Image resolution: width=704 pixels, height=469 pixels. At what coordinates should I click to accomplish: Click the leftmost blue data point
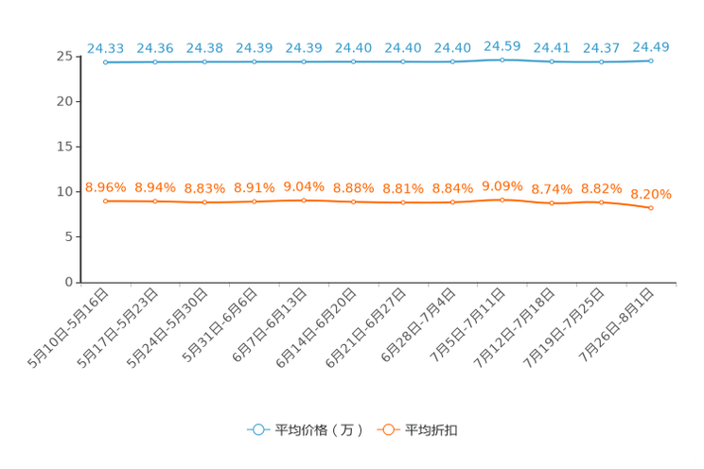coord(106,62)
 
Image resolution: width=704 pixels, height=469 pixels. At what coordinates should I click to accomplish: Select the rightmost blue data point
coord(651,61)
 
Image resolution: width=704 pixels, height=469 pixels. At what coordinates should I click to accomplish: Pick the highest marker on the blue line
coord(502,60)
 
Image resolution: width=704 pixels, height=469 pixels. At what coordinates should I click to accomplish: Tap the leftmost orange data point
coord(106,201)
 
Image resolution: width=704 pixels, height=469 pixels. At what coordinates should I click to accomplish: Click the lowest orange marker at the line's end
coord(651,208)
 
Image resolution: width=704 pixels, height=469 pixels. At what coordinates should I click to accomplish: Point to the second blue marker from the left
coord(155,62)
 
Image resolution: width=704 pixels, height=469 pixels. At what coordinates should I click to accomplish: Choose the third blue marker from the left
coord(205,62)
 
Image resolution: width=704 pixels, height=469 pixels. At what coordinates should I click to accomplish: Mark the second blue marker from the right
coord(602,62)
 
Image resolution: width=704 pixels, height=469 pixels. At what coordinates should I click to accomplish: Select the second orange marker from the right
coord(602,202)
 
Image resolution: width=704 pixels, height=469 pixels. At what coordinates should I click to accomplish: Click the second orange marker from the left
coord(155,201)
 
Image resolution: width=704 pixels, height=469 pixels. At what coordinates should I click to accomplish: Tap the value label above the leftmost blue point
coord(105,47)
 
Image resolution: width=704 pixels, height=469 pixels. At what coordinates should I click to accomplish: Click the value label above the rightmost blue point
coord(651,46)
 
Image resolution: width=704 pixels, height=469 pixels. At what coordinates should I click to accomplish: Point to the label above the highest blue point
coord(502,44)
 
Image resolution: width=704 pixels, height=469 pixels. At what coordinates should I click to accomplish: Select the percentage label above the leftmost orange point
coord(105,187)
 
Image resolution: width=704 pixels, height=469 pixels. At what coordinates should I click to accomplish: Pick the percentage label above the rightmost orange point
coord(651,194)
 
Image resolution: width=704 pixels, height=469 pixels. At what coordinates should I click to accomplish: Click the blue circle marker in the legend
coord(258,429)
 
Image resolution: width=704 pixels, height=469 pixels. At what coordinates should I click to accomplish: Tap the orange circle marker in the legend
coord(387,429)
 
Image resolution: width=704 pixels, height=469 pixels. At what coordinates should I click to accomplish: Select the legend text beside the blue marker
coord(318,430)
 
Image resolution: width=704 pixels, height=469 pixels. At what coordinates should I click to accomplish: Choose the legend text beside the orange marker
coord(432,430)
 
